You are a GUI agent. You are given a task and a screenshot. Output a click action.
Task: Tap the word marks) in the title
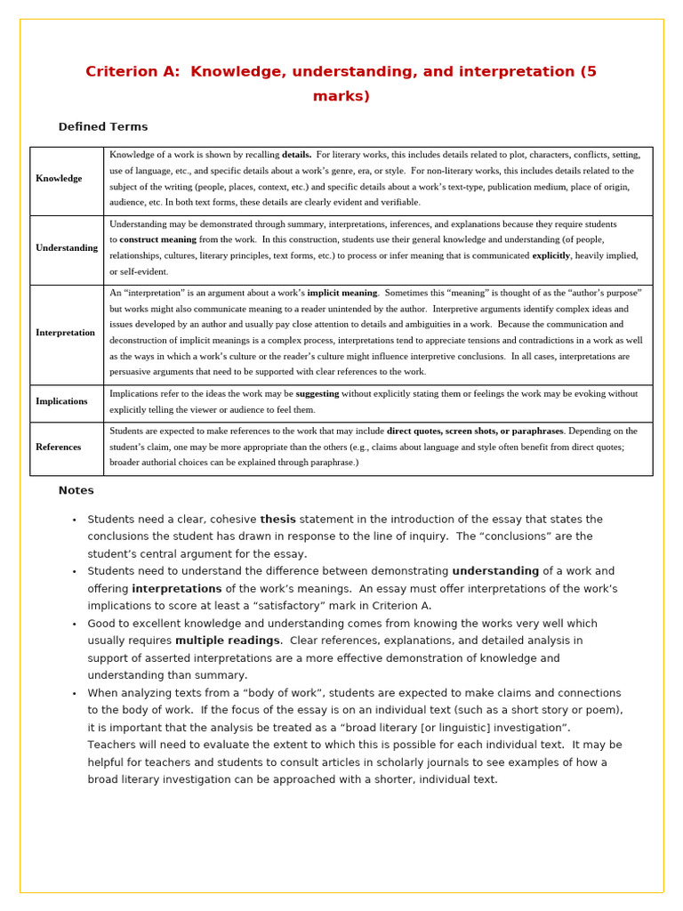(x=341, y=96)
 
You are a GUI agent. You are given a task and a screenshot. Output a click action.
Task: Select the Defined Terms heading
(x=103, y=127)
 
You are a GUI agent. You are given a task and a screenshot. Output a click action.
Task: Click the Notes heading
(x=76, y=490)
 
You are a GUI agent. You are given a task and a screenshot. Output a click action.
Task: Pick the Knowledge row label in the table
(x=59, y=179)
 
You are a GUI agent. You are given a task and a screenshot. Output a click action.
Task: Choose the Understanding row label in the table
(x=67, y=248)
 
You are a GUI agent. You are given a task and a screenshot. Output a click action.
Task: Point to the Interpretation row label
(x=65, y=333)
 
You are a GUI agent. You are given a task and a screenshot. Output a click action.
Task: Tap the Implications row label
(x=61, y=401)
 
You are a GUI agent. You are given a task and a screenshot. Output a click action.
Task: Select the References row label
(x=58, y=447)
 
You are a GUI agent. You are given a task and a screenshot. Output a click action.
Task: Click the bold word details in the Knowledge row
(x=296, y=155)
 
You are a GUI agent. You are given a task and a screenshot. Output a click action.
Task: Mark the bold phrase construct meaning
(x=157, y=239)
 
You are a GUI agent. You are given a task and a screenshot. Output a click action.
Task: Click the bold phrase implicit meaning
(x=342, y=293)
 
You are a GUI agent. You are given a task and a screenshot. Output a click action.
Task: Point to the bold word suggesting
(x=317, y=393)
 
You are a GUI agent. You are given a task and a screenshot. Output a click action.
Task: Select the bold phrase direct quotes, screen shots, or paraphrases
(x=475, y=431)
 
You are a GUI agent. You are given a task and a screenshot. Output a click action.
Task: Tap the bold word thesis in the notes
(x=277, y=520)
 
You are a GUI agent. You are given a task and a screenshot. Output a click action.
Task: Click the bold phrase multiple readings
(x=227, y=641)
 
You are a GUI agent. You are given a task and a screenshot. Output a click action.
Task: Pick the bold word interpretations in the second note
(x=176, y=589)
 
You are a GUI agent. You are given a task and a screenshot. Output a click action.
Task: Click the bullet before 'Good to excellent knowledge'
(x=74, y=625)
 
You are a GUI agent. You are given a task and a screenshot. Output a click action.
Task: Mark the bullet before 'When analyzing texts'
(x=74, y=694)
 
